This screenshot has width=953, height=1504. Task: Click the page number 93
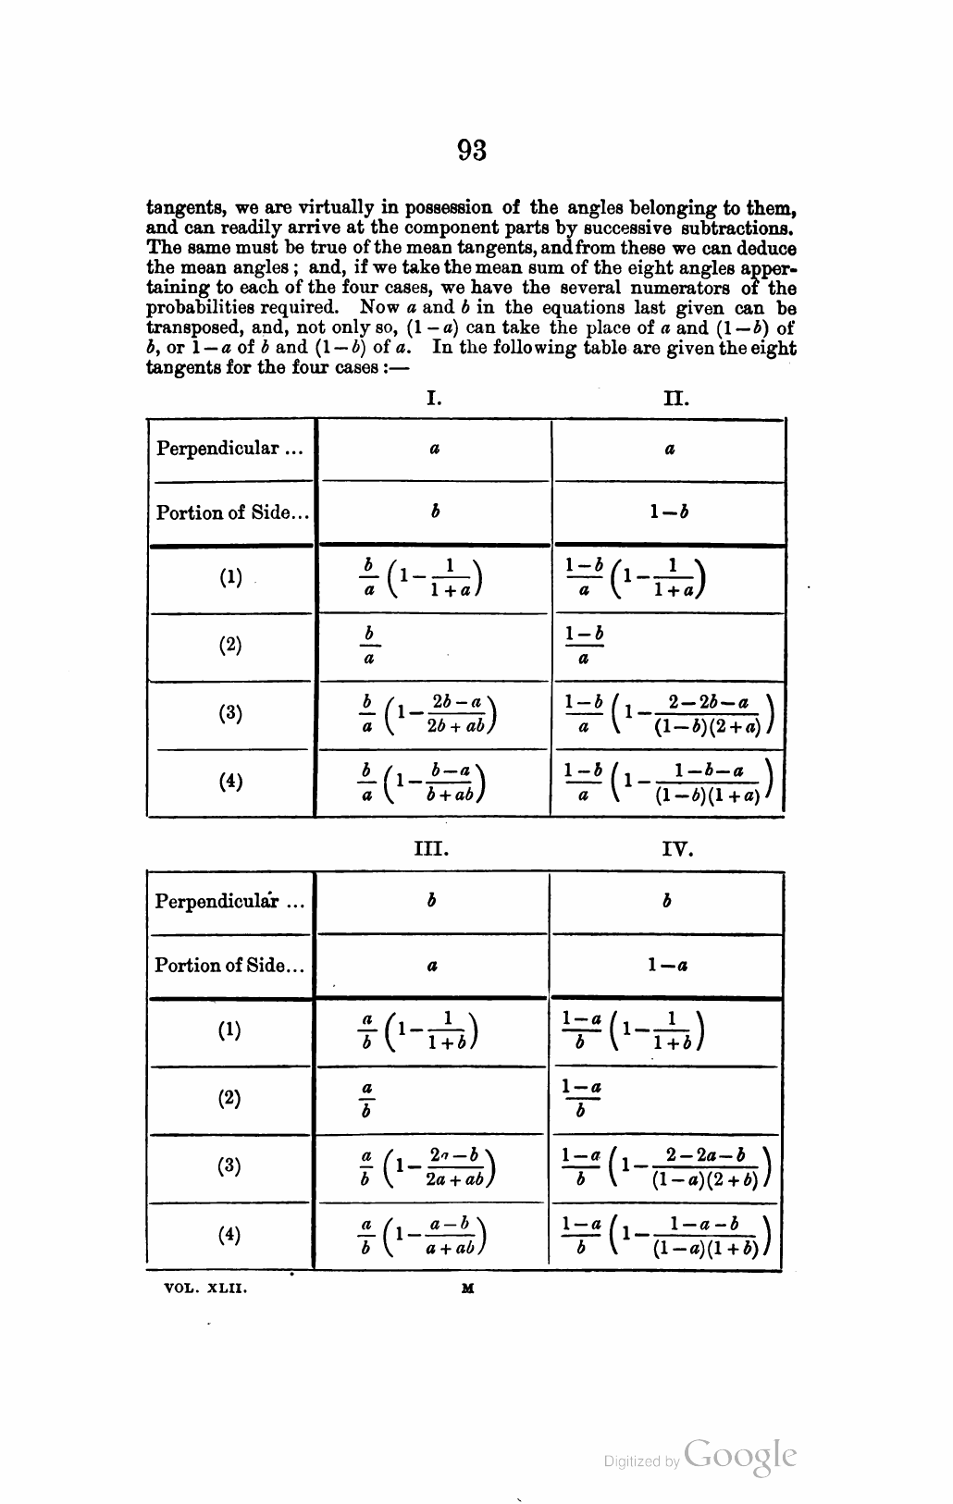point(472,151)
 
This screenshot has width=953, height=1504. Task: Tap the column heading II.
point(676,399)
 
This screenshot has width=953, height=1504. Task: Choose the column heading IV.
point(678,848)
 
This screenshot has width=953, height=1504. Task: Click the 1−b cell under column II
point(669,512)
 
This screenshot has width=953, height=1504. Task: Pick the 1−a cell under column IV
point(667,965)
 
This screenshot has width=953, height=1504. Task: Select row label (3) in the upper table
point(231,713)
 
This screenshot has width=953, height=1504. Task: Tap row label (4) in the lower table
point(229,1234)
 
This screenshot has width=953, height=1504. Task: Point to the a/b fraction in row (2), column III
point(366,1098)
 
